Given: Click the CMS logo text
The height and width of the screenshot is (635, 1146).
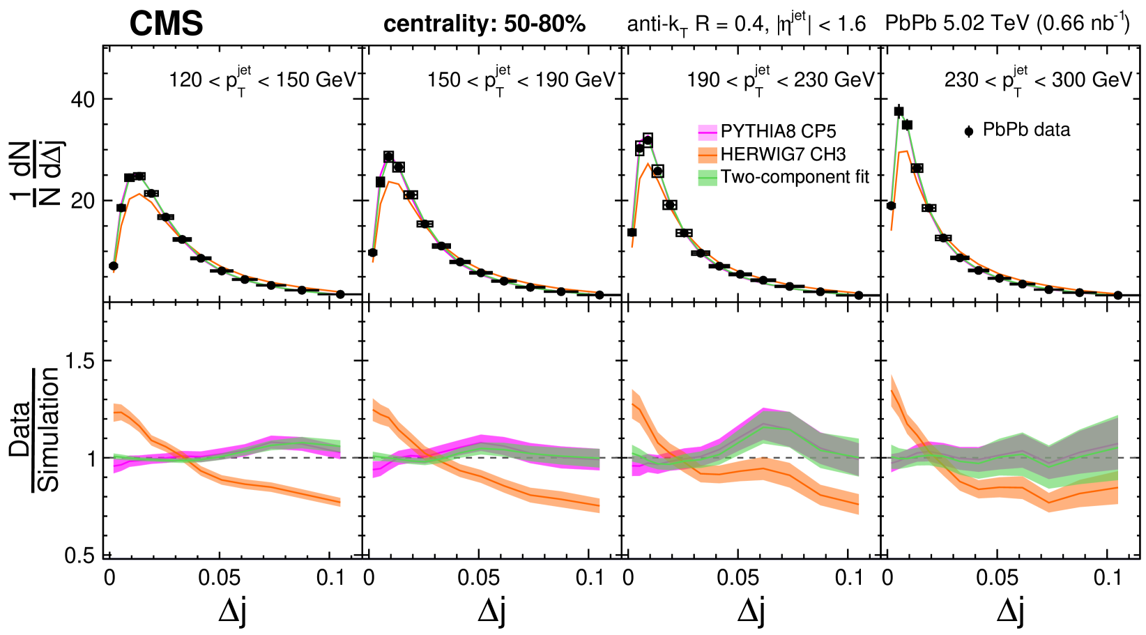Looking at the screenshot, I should (166, 24).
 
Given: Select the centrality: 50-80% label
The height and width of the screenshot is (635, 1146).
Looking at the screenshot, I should (484, 24).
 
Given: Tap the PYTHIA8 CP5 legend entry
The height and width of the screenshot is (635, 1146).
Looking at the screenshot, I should (777, 132).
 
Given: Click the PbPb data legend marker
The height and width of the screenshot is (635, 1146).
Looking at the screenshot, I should (969, 131).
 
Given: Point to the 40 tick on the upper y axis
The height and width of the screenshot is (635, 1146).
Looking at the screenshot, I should (82, 99).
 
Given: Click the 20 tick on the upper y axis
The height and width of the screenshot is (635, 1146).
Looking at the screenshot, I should (82, 201).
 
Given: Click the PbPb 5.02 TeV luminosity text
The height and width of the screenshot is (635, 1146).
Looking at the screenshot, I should (1007, 24).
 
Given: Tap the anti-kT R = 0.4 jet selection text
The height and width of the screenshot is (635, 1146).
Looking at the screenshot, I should (746, 25).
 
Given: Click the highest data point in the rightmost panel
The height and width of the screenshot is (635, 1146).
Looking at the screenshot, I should (899, 111).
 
